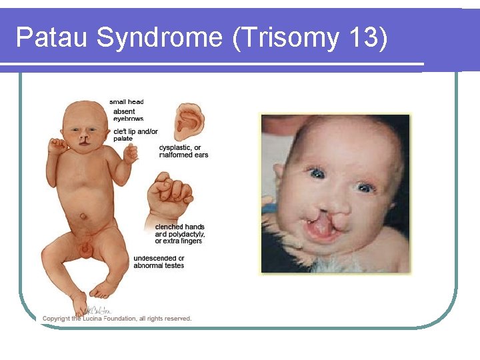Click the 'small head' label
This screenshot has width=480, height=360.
click(x=127, y=102)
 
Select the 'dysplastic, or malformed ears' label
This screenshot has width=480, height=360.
click(x=183, y=151)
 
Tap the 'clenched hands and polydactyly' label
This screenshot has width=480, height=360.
click(x=180, y=234)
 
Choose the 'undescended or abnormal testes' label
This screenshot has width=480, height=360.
click(x=159, y=261)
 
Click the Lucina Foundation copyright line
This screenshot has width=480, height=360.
click(x=117, y=319)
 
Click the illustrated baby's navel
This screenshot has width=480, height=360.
click(x=83, y=215)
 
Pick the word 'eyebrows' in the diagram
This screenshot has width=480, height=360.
click(x=128, y=119)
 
